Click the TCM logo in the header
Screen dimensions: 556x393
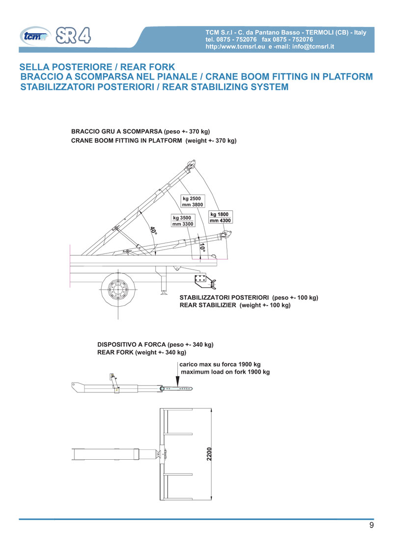click(35, 35)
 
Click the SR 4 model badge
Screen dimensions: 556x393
click(76, 34)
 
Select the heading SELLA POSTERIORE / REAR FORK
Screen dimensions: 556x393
click(96, 67)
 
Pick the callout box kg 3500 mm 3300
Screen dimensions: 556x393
click(183, 221)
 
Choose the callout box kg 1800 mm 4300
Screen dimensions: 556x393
click(220, 217)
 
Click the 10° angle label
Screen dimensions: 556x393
click(203, 248)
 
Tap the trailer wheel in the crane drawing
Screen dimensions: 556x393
click(118, 290)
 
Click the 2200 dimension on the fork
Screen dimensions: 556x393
click(209, 455)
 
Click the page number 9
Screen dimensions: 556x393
click(371, 526)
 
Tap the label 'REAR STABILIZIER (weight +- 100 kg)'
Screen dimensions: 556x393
click(235, 305)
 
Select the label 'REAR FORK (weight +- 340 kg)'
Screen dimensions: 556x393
click(141, 352)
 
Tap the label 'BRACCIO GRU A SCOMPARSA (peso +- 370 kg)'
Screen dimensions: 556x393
click(140, 132)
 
